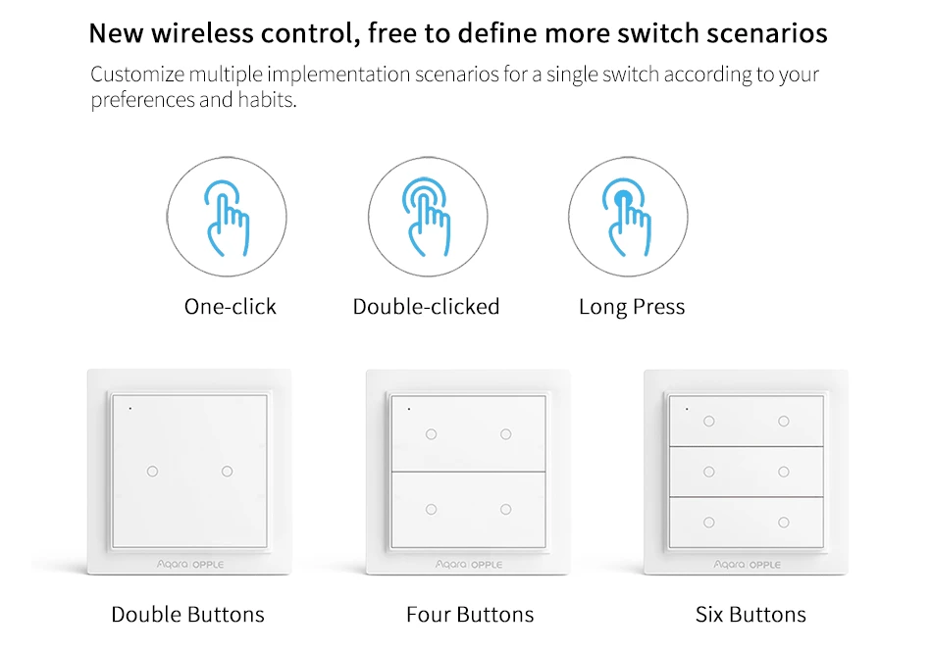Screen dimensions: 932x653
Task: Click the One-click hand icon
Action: tap(227, 219)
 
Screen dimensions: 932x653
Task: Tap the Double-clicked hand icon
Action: tap(428, 218)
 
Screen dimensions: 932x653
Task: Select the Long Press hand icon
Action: tap(628, 218)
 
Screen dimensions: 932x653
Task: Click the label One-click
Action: tap(230, 307)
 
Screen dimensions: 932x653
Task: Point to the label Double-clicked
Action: tap(426, 307)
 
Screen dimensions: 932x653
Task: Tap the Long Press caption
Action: tap(632, 307)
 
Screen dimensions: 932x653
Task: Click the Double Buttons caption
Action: tap(187, 615)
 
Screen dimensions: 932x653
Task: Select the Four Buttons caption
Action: tap(470, 615)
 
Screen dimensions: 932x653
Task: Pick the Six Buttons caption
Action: tap(751, 615)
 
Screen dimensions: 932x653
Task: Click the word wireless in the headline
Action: tap(203, 33)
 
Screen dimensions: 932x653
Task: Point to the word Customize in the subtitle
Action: tap(137, 75)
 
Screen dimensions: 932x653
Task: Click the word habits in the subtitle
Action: tap(267, 99)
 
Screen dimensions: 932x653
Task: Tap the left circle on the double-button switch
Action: tap(152, 472)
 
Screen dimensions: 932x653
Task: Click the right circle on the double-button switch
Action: tap(227, 472)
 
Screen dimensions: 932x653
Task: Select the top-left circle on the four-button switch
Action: tap(431, 434)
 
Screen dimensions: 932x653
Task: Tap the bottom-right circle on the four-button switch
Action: tap(506, 509)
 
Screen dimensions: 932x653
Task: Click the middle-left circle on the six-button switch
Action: tap(709, 472)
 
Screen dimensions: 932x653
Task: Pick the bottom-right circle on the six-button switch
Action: tap(784, 523)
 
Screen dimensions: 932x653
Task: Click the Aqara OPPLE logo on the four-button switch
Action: tap(469, 565)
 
